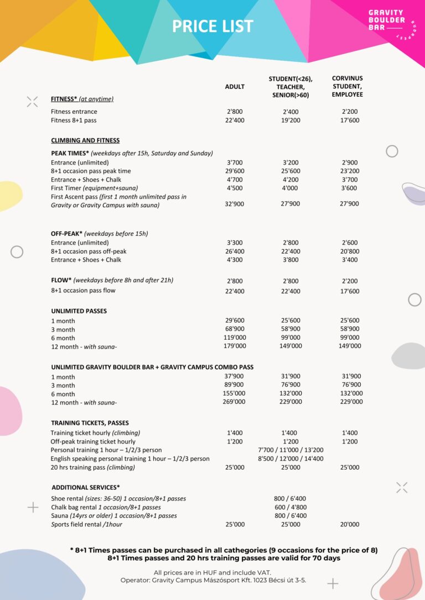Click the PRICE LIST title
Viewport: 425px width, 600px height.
tap(212, 26)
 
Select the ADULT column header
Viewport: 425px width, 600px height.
tap(235, 87)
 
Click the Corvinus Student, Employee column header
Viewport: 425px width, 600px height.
tap(348, 87)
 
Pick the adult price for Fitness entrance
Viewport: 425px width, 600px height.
tap(235, 112)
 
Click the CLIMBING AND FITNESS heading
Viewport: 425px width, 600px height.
tap(85, 140)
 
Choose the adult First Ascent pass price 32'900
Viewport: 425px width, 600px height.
tap(235, 204)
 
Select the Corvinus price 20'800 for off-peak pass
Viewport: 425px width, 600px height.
tap(350, 251)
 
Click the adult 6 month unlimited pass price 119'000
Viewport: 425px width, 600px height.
tap(235, 338)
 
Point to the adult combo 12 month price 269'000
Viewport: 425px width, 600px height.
tap(235, 402)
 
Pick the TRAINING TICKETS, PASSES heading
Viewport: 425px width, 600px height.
tap(90, 423)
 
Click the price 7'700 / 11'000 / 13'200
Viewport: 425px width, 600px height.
tap(291, 450)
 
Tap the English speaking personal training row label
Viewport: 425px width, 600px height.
tap(130, 459)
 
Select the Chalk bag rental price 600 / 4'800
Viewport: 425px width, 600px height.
tap(291, 507)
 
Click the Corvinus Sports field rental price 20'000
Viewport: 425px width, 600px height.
tap(350, 524)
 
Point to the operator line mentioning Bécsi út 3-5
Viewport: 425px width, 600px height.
tap(213, 580)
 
